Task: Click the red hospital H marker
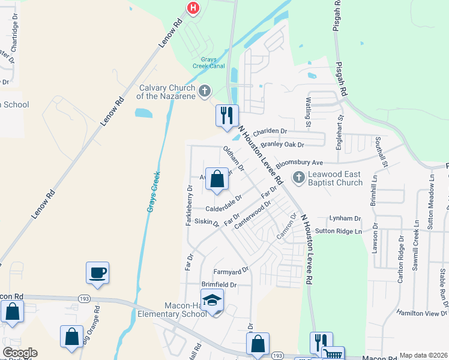[x=193, y=8]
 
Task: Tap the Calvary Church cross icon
[x=205, y=91]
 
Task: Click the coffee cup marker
[x=97, y=274]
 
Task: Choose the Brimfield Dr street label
[x=219, y=284]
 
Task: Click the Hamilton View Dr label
[x=423, y=313]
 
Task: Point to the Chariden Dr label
[x=270, y=131]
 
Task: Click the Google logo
[x=20, y=353]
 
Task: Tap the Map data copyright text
[x=423, y=355]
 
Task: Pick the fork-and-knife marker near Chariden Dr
[x=227, y=116]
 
